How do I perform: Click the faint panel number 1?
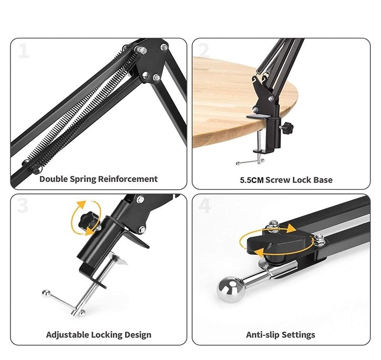24,51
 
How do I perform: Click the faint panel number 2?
204,51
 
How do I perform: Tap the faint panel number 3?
23,205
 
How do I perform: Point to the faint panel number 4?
204,205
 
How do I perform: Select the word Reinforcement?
128,179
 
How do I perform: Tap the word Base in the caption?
323,180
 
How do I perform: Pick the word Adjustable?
68,335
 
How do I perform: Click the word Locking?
107,335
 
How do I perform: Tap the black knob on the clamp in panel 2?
287,127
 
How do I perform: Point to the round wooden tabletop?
241,102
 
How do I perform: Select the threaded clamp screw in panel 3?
95,284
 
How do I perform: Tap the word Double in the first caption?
54,179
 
